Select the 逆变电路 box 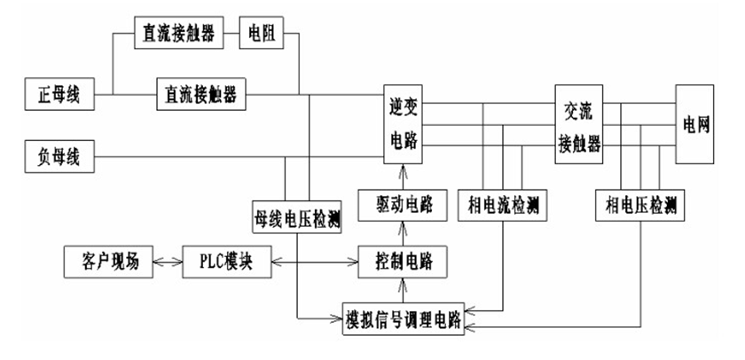click(403, 124)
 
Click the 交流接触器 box click(579, 124)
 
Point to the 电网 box click(694, 124)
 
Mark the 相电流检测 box click(501, 206)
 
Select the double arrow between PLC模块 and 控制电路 click(314, 262)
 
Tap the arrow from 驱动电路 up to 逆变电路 click(403, 176)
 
